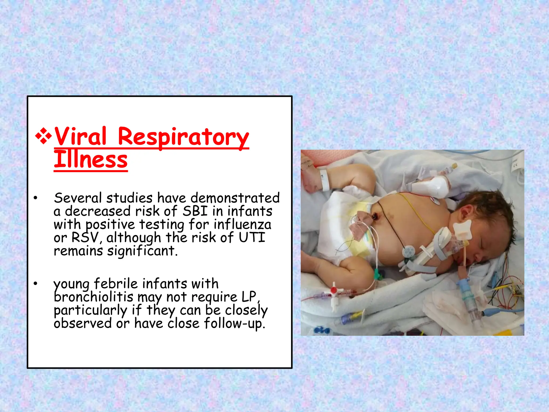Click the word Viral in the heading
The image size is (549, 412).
pos(80,137)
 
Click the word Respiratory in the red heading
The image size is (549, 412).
pos(183,137)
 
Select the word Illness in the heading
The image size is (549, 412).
pos(91,160)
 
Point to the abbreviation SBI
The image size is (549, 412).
pos(195,211)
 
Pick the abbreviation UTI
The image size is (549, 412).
pos(252,238)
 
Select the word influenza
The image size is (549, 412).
pos(243,225)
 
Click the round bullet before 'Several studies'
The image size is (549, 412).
pos(35,198)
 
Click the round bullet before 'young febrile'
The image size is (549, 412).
pos(35,284)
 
